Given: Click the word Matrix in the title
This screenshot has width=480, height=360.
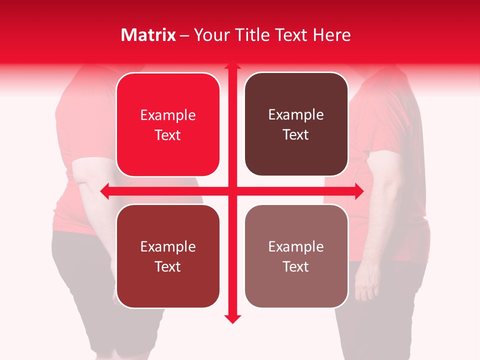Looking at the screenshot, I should point(148,35).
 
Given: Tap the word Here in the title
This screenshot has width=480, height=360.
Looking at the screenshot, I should point(331,35).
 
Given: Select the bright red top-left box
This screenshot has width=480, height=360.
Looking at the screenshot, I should point(168,124).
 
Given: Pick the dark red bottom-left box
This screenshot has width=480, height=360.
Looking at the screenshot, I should point(168,256).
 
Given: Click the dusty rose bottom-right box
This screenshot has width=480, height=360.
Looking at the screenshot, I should point(296,256).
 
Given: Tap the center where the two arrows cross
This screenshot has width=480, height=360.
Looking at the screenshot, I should point(231,191).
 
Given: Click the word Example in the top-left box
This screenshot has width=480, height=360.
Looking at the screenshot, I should point(168,115).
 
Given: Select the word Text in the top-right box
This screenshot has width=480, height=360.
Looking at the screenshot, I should point(296,134).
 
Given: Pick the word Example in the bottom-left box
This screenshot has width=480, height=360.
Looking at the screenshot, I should point(168,247).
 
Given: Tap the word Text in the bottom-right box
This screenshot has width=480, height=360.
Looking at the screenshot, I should point(296,266).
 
